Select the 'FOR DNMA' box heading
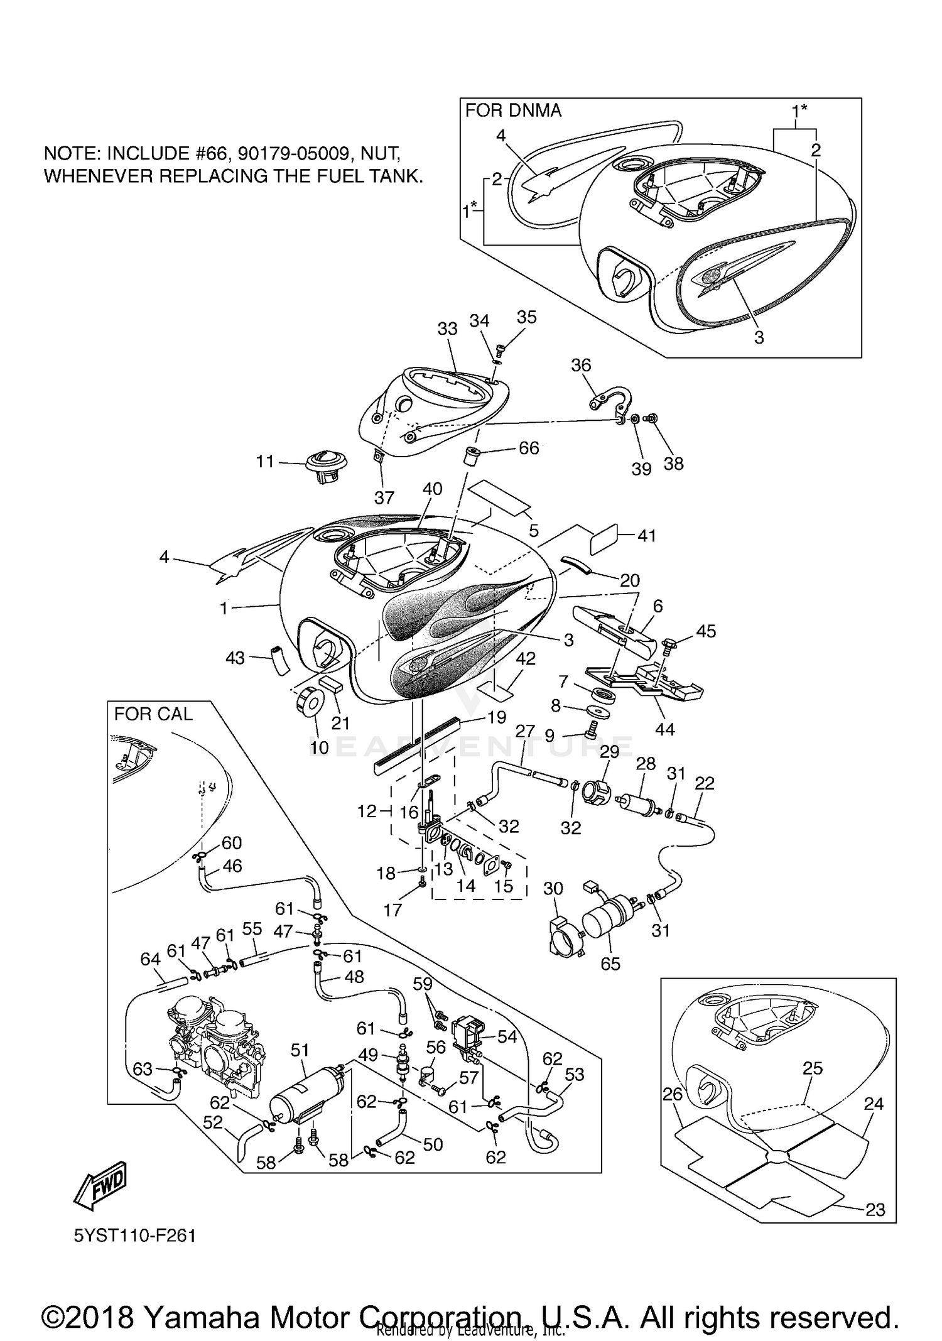click(x=513, y=111)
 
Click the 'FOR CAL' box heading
click(x=153, y=714)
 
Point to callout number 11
click(x=265, y=462)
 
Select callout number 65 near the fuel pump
click(x=610, y=964)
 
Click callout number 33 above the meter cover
click(x=447, y=328)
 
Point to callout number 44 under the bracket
click(x=664, y=729)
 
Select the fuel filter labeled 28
click(x=639, y=805)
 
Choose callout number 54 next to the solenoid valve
click(x=507, y=1037)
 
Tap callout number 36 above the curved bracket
click(x=581, y=365)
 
